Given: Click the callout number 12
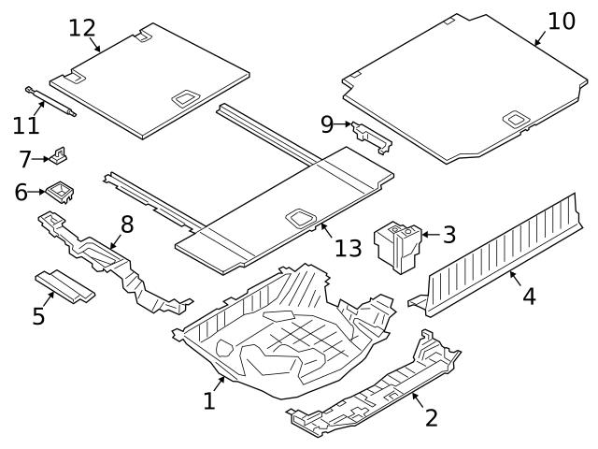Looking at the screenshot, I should click(82, 27).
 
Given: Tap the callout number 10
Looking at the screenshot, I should click(562, 21).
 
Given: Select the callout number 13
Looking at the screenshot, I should click(348, 248).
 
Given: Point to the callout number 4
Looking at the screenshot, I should click(529, 297).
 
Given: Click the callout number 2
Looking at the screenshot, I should click(432, 418).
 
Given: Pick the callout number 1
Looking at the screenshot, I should click(209, 401).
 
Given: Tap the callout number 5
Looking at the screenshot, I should click(38, 316).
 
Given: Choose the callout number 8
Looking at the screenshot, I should click(127, 224).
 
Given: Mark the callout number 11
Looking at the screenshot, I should click(26, 124).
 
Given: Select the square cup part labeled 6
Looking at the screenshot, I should click(61, 192).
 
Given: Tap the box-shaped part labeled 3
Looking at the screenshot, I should click(396, 245).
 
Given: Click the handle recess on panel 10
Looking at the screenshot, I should click(514, 119).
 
